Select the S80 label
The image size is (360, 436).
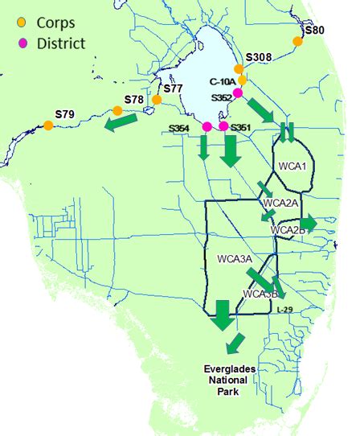(315, 31)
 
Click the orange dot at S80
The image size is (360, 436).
(298, 41)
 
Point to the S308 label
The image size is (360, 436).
(259, 57)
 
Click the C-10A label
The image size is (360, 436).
(222, 81)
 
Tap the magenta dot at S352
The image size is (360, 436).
(238, 93)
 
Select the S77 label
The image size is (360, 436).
(173, 88)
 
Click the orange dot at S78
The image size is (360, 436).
(118, 110)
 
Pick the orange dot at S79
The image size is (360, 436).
(48, 125)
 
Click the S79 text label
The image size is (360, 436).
(65, 113)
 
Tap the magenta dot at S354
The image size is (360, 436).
(207, 126)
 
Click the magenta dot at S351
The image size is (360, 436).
(224, 126)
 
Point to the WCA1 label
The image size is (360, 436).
(293, 167)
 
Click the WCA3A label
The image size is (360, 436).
(235, 259)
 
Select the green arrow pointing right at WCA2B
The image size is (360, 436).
(309, 223)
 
